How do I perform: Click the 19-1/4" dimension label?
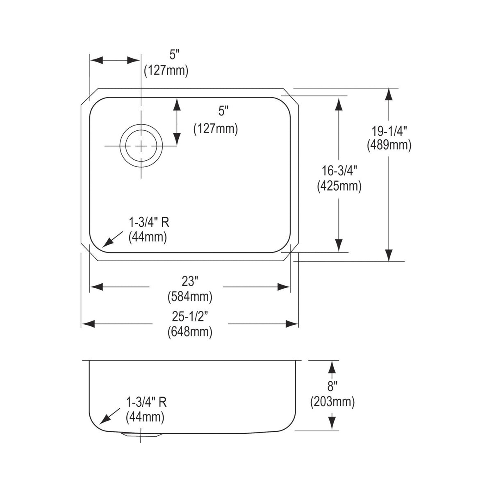click(389, 132)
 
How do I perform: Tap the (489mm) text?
click(389, 146)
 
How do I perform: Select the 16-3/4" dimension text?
click(339, 171)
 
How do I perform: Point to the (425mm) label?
click(339, 187)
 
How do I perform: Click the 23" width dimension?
click(190, 282)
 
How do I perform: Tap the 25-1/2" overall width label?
click(190, 317)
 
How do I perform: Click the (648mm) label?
click(190, 333)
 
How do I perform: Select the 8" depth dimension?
click(331, 386)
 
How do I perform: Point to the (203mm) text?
click(333, 402)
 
